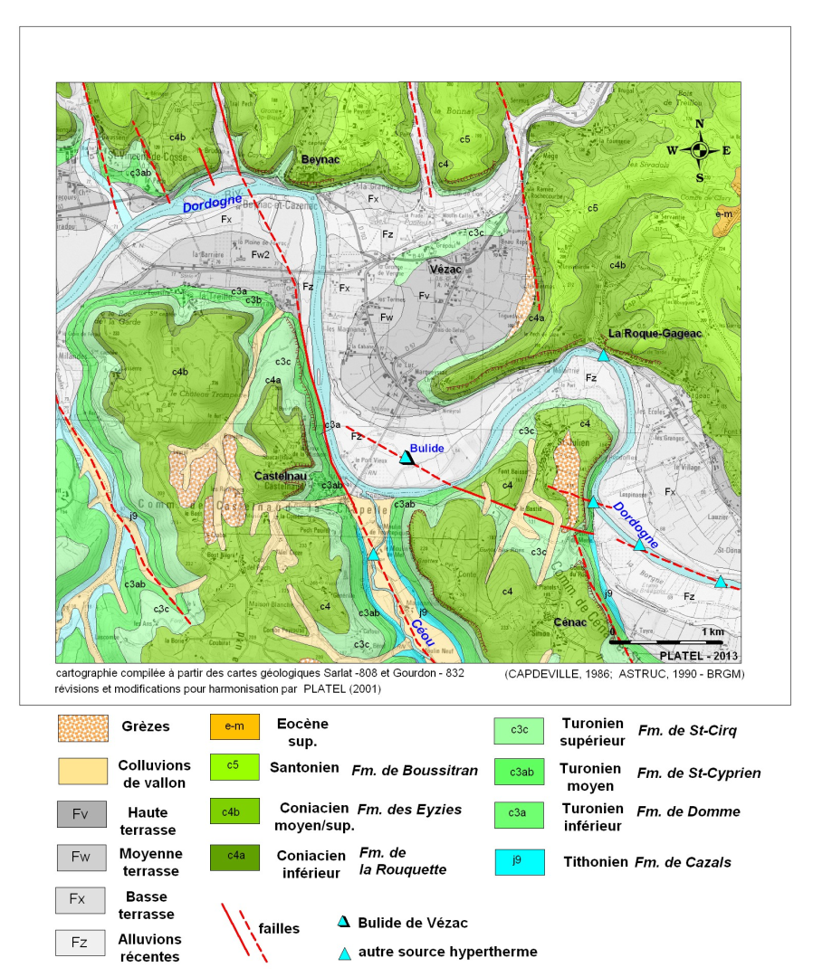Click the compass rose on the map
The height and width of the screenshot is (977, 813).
tap(699, 151)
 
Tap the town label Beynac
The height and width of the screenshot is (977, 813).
tap(321, 158)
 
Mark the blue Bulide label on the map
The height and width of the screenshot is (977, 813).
tap(426, 448)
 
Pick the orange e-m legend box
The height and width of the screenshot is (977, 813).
tap(234, 726)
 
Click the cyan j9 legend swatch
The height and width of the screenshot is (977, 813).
tap(520, 862)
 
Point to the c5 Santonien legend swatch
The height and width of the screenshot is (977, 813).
tap(234, 768)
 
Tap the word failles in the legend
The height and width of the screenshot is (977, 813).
tap(279, 928)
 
